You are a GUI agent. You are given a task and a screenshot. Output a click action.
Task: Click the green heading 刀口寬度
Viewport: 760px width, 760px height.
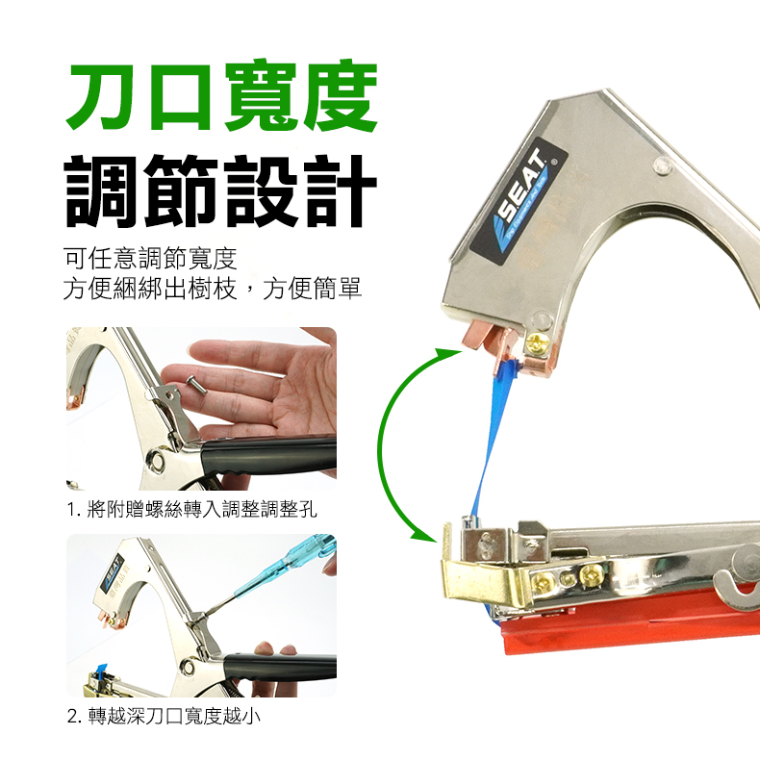tap(222, 95)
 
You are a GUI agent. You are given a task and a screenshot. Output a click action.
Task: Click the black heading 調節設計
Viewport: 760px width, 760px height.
tap(221, 191)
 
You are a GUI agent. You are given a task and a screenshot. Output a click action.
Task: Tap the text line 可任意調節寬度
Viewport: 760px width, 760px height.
tap(150, 259)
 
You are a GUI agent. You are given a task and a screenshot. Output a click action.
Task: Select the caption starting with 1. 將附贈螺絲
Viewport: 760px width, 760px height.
tap(192, 510)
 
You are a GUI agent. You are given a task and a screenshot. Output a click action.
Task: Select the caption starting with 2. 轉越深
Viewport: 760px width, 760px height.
tap(164, 716)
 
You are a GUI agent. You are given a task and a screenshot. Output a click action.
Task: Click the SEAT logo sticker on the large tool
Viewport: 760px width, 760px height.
tap(519, 201)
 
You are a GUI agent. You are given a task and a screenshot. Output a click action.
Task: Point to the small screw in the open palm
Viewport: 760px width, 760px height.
tap(196, 386)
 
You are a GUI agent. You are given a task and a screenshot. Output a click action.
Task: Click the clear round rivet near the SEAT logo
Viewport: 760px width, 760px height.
tap(662, 165)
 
